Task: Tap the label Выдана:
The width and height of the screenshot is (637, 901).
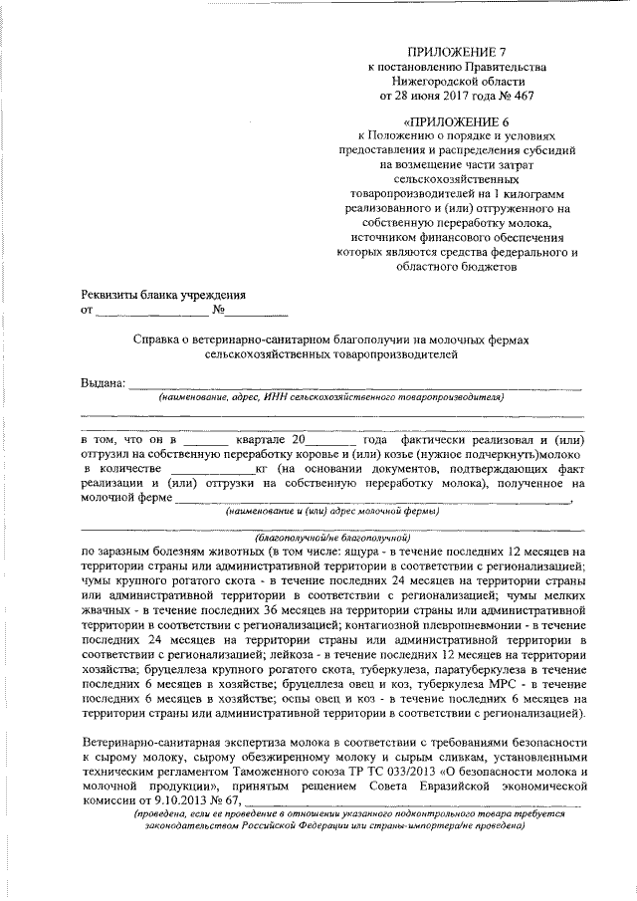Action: point(104,383)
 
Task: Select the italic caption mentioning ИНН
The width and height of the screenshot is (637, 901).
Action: point(331,396)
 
